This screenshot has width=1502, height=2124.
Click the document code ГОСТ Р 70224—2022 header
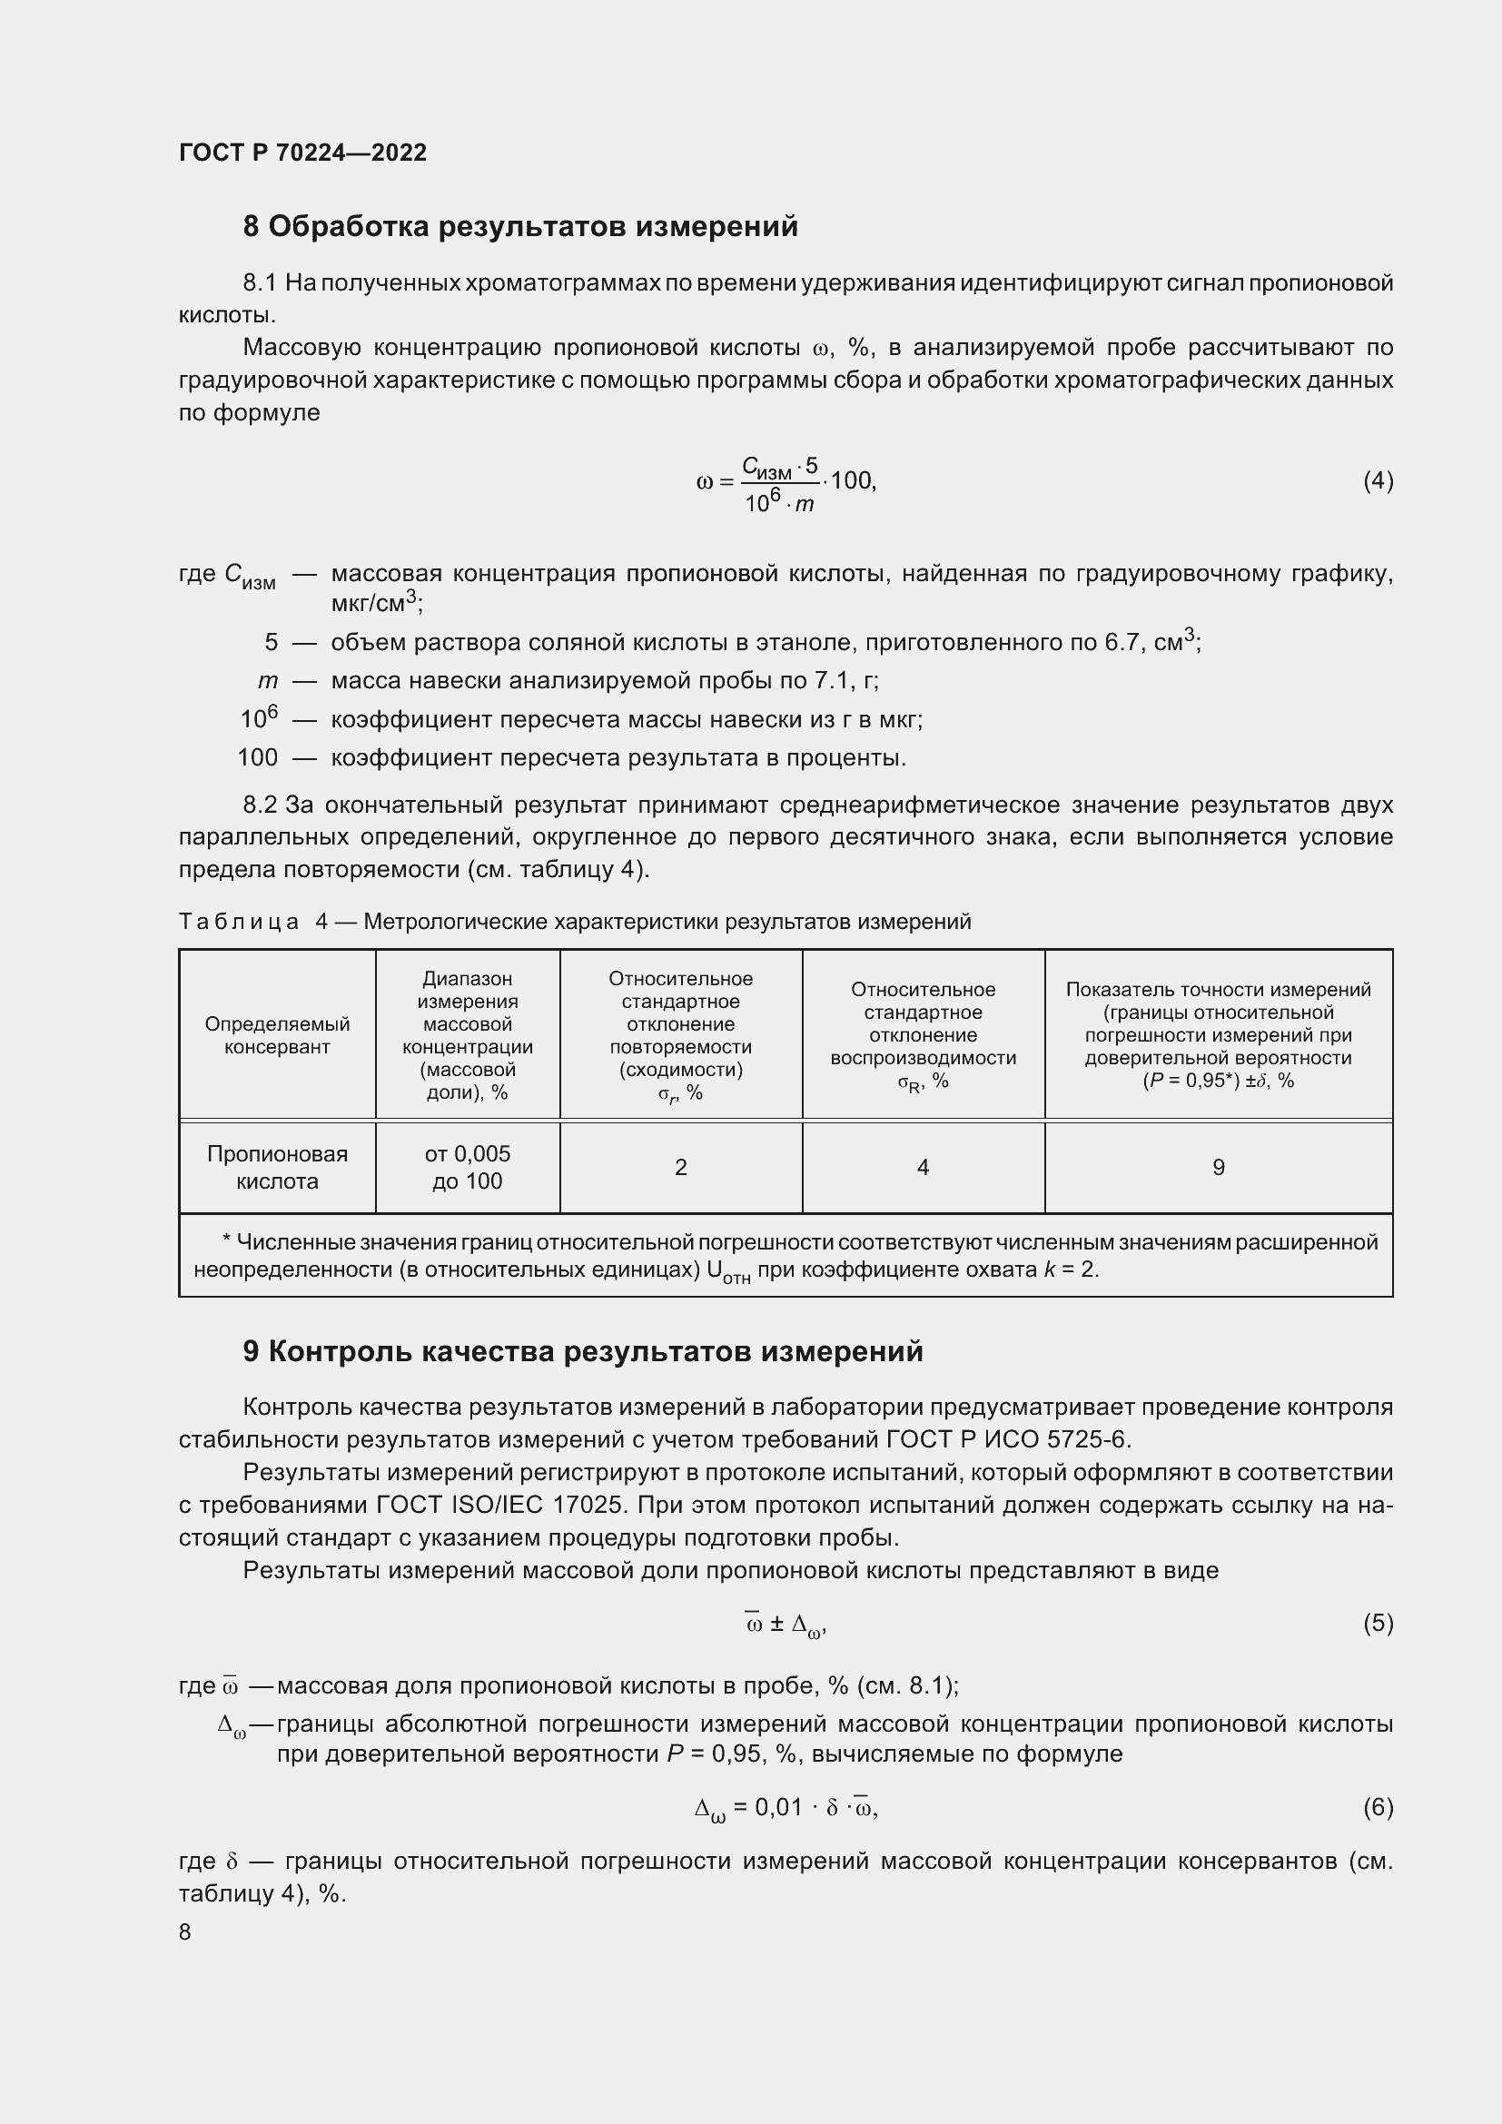[302, 153]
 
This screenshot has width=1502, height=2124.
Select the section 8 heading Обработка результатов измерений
[519, 227]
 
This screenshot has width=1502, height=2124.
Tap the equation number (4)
[1378, 480]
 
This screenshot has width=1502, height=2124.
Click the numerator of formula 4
[780, 467]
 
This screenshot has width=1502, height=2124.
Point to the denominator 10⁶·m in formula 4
[779, 503]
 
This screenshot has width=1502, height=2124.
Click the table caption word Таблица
[239, 922]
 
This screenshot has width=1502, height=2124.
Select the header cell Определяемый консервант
[277, 1035]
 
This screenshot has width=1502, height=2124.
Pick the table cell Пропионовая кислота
[277, 1167]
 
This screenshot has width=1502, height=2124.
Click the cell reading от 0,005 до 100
[467, 1167]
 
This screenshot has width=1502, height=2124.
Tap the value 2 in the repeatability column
[681, 1168]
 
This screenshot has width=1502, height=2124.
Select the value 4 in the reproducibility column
[922, 1168]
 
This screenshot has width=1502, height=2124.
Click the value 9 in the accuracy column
[1218, 1168]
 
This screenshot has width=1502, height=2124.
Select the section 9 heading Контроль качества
[583, 1351]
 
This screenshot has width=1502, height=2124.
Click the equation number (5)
[1378, 1624]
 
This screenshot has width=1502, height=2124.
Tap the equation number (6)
[1378, 1807]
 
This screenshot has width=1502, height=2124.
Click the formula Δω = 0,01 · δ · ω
[786, 1808]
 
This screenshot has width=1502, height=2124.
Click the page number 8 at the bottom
[185, 1931]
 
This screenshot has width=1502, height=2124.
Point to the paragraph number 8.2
[260, 805]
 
